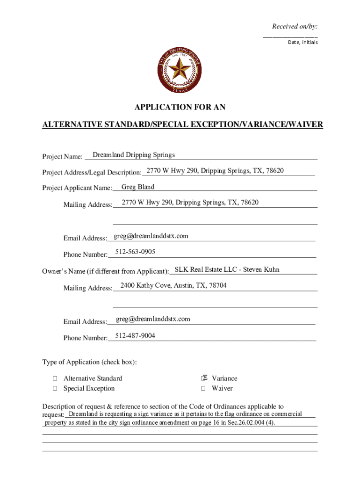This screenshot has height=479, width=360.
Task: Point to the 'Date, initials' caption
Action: [x=302, y=42]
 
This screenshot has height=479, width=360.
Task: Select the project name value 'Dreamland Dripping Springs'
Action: [x=134, y=155]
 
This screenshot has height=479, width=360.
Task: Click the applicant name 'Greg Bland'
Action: [x=137, y=187]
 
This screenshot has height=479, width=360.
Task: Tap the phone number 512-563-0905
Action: [x=135, y=252]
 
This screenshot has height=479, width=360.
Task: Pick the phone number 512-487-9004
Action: [x=135, y=336]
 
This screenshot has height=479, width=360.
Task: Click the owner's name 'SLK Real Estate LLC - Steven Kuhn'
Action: [x=227, y=269]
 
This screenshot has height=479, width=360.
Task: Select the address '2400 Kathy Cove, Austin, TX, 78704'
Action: [x=173, y=285]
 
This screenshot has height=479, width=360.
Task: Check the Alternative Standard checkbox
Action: [x=55, y=378]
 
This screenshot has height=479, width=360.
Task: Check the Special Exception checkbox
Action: [x=55, y=388]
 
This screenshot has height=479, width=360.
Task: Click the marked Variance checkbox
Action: [x=203, y=378]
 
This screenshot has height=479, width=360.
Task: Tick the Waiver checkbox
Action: [x=203, y=388]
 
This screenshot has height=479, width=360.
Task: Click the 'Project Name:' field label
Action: [x=62, y=156]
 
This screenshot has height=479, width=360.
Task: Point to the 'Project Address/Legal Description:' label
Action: [x=92, y=173]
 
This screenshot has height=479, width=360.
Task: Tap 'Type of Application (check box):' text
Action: [x=89, y=363]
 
